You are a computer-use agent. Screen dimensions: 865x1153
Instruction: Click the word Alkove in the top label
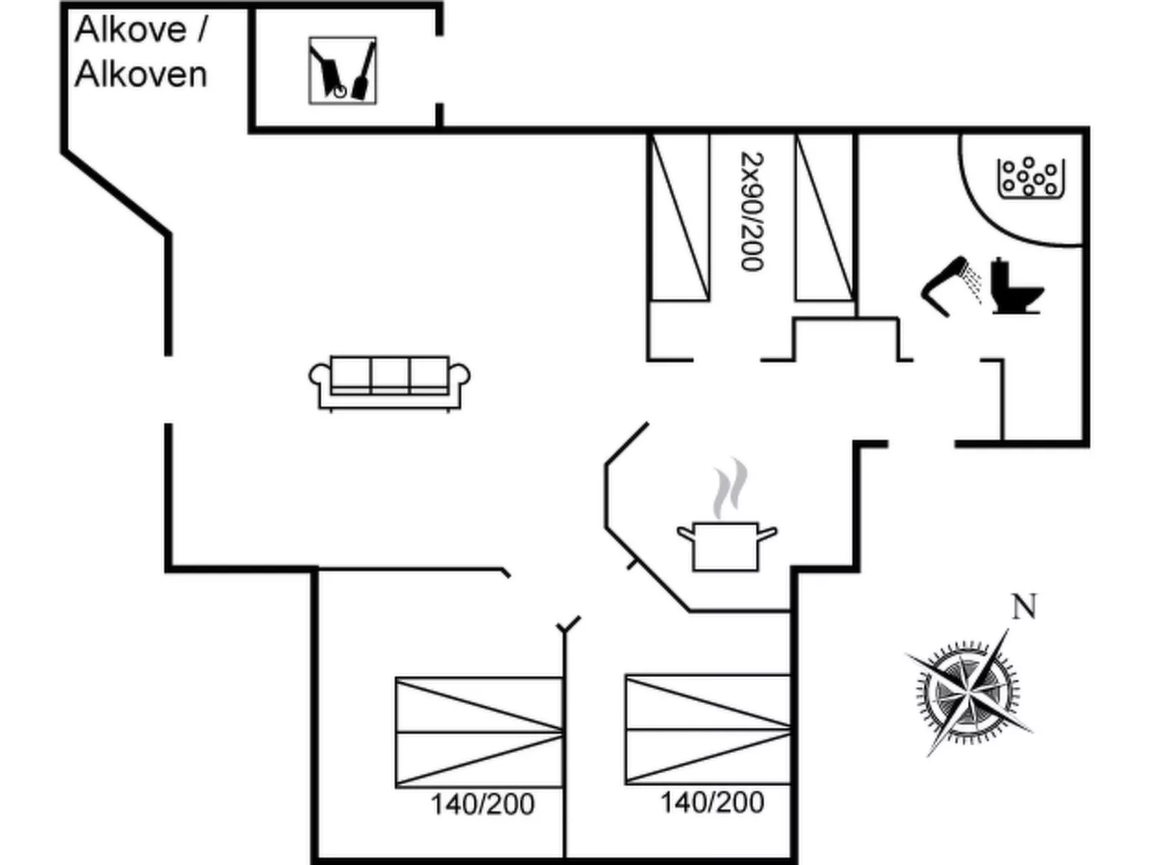click(x=131, y=30)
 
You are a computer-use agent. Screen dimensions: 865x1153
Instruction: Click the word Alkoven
click(x=141, y=75)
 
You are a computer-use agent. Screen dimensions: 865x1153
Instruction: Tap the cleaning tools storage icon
click(x=342, y=70)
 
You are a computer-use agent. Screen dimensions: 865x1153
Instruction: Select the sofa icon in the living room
click(x=389, y=382)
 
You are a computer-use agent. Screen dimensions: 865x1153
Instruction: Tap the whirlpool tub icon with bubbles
click(x=1030, y=177)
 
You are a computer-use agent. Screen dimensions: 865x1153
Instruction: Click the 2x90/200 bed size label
click(x=752, y=211)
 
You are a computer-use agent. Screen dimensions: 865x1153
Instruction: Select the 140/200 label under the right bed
click(x=712, y=803)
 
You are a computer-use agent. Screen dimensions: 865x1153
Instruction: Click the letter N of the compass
click(x=1024, y=607)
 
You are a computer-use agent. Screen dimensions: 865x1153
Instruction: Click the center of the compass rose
click(x=967, y=693)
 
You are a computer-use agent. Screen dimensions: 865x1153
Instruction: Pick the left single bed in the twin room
click(x=679, y=217)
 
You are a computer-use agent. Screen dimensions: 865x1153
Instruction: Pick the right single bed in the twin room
click(x=824, y=217)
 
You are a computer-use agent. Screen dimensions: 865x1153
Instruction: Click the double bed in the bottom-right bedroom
click(x=708, y=729)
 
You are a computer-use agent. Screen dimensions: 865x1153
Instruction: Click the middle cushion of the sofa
click(x=390, y=373)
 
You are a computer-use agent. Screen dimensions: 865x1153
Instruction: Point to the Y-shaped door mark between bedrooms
click(x=568, y=625)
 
